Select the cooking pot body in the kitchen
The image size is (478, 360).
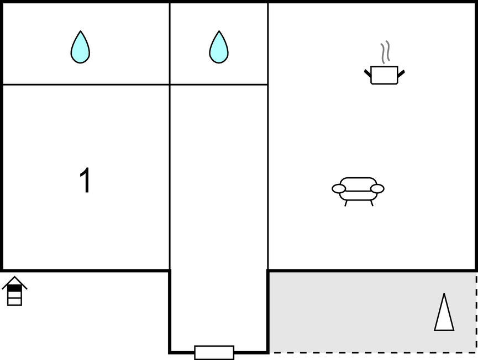tap(384, 75)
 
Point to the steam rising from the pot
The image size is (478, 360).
tap(385, 52)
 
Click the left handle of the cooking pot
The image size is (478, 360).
tap(367, 73)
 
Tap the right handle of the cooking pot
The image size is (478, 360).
tap(401, 73)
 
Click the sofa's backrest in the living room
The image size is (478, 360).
tap(358, 184)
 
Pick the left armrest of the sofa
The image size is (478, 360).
tap(339, 189)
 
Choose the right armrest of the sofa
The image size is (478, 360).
tap(377, 189)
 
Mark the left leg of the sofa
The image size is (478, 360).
tap(346, 203)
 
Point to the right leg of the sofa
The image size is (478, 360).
tap(371, 203)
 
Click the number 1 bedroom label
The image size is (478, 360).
tap(85, 180)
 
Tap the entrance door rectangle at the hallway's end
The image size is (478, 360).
tap(214, 353)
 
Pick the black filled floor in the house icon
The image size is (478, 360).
tap(14, 288)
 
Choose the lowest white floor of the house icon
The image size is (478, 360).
tap(14, 301)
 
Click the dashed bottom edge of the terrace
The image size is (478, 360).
tap(373, 353)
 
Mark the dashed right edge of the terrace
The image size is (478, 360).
tap(476, 313)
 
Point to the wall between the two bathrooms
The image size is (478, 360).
tap(170, 44)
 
